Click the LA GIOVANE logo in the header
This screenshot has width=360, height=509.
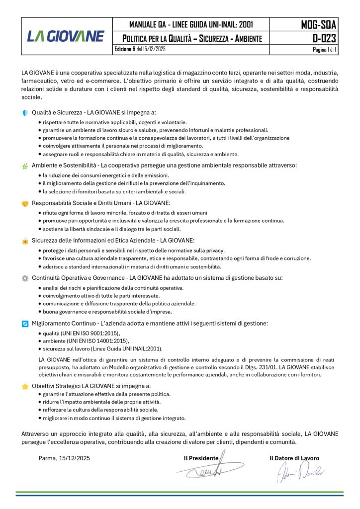(x=65, y=36)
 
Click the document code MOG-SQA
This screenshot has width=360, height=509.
(x=319, y=24)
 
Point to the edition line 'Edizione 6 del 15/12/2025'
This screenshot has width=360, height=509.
(x=140, y=50)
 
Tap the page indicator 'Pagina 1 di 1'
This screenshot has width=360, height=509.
(x=324, y=50)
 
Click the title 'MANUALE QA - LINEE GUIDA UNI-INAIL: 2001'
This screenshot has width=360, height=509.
(x=191, y=24)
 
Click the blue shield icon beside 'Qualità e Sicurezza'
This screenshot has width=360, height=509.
(x=25, y=113)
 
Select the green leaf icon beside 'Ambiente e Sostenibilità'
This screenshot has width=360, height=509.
(x=25, y=166)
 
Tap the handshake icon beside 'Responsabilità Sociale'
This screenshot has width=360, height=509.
(x=25, y=203)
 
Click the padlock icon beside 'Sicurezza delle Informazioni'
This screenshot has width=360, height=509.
(x=25, y=241)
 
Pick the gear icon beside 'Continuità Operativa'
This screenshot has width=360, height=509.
(x=25, y=278)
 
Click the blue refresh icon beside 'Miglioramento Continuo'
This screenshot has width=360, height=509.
(x=25, y=324)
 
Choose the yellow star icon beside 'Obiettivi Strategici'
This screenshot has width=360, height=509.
(x=25, y=386)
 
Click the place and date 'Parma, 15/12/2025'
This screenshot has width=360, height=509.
(x=64, y=458)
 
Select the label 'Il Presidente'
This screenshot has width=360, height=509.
(x=201, y=458)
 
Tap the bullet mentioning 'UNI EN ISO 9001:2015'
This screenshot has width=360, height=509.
(x=81, y=333)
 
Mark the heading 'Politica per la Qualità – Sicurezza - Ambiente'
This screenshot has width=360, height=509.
(x=192, y=38)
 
